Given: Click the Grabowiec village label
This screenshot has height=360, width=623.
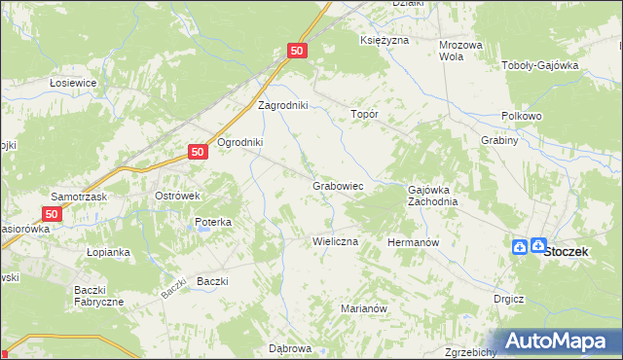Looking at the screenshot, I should [x=338, y=185].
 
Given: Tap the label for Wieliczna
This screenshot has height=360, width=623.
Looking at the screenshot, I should [x=335, y=240].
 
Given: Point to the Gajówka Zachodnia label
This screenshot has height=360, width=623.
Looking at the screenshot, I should [x=432, y=196].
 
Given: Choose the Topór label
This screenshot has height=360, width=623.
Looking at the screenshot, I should [x=364, y=114].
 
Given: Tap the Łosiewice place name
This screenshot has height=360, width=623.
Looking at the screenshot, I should [x=73, y=83].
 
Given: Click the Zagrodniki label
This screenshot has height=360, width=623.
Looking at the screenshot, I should [x=282, y=105].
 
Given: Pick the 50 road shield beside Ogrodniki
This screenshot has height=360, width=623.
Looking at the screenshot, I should [x=198, y=152].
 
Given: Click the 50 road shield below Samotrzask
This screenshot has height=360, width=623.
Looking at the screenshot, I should [x=54, y=212].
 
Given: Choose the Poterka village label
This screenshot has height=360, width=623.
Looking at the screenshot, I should [x=212, y=222].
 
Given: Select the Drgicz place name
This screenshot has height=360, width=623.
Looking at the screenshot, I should [x=509, y=299].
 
